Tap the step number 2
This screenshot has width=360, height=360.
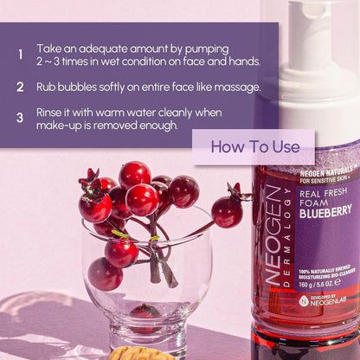pos(20,87)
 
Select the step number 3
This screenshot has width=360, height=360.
pos(20,119)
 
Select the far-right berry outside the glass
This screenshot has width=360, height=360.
pos(227,211)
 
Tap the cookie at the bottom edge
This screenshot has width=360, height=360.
pos(139,354)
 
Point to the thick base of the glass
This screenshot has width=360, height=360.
pos(149,333)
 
